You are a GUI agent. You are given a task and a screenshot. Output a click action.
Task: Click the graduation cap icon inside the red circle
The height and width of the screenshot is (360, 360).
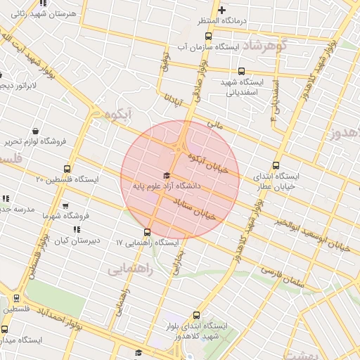[x=167, y=176]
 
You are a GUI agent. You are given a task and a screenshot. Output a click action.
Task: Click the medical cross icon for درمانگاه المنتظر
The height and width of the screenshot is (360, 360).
[x=222, y=10]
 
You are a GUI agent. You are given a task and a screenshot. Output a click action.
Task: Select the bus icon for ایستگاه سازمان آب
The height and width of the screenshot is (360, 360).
[x=238, y=35]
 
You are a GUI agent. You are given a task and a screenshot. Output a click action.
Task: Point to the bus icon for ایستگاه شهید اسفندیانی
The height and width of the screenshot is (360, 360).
[x=242, y=71]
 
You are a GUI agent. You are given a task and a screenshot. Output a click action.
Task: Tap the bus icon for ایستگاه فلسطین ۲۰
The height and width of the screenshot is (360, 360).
[x=67, y=169]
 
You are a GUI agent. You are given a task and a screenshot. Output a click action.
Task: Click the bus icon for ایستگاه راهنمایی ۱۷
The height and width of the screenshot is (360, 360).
[x=147, y=232]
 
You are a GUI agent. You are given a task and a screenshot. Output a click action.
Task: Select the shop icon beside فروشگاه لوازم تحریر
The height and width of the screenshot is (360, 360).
[x=36, y=131]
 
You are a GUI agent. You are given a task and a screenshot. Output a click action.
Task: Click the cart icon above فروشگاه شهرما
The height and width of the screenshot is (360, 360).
[x=65, y=206]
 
